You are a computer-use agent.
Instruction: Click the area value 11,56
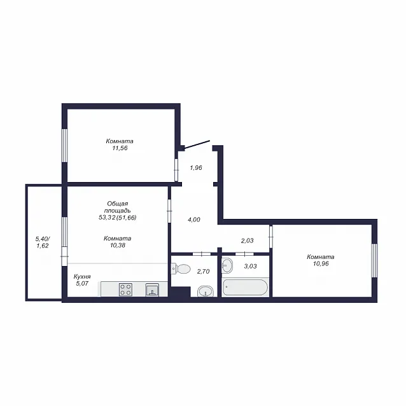point(120,148)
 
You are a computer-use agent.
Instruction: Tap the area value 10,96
point(321,264)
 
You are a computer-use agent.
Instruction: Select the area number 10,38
point(118,245)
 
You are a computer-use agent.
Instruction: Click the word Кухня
point(82,276)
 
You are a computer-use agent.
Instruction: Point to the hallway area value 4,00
point(194,220)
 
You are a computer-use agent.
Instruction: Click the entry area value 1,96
point(196,168)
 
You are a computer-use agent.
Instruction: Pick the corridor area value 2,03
point(248,241)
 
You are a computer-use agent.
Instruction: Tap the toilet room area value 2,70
point(203,271)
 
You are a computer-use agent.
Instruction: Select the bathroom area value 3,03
point(250,266)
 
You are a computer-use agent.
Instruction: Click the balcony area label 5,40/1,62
point(43,242)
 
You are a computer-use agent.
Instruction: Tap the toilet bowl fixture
point(181,269)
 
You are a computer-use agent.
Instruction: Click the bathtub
point(246,287)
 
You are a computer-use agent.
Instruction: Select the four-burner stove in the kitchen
point(125,290)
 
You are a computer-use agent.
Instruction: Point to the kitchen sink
point(152,290)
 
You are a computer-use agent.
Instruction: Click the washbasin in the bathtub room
point(227,265)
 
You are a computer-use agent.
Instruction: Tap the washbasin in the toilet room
point(206,291)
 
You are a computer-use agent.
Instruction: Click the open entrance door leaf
point(197,144)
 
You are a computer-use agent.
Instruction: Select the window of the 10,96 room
point(374,260)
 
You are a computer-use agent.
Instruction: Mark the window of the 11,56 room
point(64,146)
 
